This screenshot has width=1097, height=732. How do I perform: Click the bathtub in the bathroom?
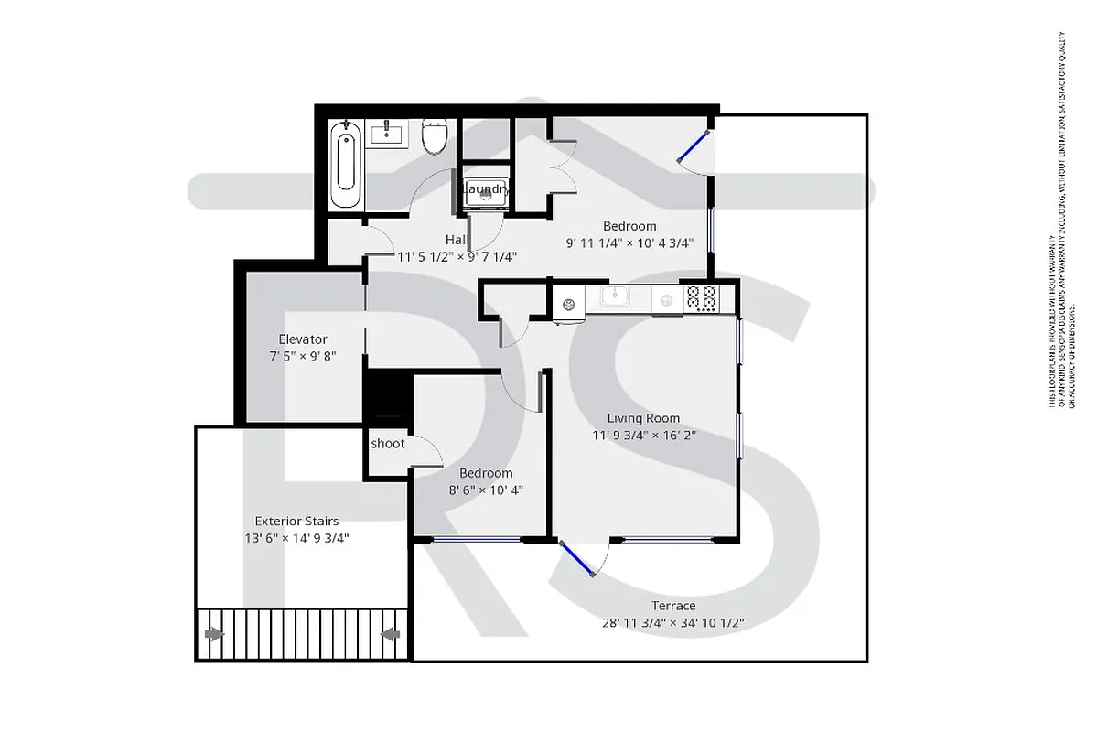pos(346,166)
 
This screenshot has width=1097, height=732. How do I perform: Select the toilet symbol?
pos(434,136)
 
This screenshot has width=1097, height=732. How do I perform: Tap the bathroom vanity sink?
pos(390,135)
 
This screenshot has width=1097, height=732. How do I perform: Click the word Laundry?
pos(485,189)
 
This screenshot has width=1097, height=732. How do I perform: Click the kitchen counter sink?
pos(615,296)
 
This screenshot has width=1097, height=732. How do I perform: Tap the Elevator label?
pos(303,339)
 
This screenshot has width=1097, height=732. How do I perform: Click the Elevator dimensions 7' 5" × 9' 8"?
pos(303,356)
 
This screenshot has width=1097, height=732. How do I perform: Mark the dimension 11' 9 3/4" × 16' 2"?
pos(644,436)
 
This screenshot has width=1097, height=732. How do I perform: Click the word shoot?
pos(388,444)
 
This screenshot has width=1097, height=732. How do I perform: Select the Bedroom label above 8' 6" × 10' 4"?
pos(486,473)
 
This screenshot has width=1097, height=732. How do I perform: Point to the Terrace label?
pos(673,606)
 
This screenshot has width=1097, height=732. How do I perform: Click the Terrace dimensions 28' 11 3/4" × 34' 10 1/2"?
pos(673,623)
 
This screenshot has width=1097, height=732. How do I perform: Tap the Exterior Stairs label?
pos(296,522)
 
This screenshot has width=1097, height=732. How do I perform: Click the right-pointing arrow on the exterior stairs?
pos(214,633)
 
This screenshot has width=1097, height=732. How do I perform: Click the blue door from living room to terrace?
pos(576,559)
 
